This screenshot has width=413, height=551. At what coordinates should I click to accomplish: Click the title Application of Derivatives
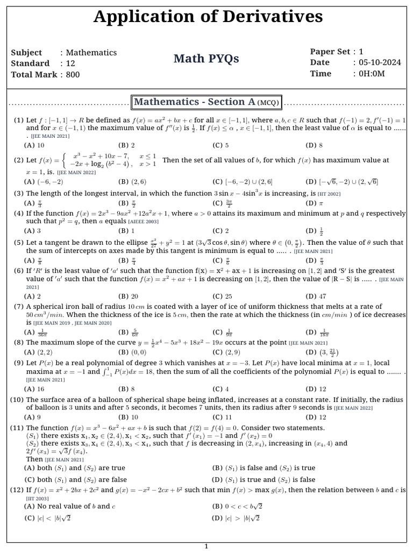(208, 17)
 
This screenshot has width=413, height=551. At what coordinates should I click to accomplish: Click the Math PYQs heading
(206, 59)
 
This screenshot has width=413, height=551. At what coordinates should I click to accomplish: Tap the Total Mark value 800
(73, 74)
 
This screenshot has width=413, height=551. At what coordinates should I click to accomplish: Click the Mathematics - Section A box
(206, 102)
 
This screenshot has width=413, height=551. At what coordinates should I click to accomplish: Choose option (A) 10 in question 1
(34, 145)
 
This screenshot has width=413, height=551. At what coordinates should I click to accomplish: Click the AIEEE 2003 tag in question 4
(143, 222)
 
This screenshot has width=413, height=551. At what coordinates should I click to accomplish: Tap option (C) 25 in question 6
(222, 296)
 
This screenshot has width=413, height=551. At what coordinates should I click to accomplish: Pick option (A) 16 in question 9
(34, 389)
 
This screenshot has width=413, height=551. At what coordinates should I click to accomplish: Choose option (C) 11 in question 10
(222, 417)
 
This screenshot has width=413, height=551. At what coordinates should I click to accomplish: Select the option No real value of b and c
(70, 506)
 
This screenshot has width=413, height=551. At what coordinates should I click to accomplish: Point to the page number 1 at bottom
(206, 546)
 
